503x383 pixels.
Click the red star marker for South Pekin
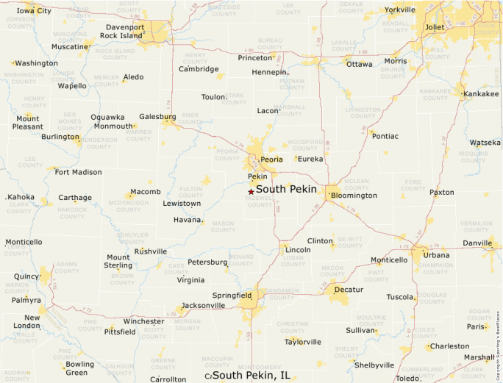coord(251,191)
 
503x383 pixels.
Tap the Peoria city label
coord(271,159)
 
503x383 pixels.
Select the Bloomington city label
coord(354,196)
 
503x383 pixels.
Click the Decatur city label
coord(349,290)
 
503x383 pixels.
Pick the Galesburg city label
coord(157,116)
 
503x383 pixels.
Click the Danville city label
coord(477,243)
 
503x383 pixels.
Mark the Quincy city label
coord(26,276)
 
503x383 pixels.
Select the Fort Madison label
coord(78,172)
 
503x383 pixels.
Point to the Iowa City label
coord(34,11)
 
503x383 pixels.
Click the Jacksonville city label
coord(203,305)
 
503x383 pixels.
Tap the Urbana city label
coord(436,255)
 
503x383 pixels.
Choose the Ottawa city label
coord(360,64)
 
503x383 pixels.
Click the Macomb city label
coord(146,192)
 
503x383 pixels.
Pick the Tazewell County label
coord(259,201)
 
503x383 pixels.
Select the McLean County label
coord(357,183)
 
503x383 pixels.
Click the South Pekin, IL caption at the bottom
coord(250,376)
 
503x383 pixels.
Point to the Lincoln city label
coord(298,250)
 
